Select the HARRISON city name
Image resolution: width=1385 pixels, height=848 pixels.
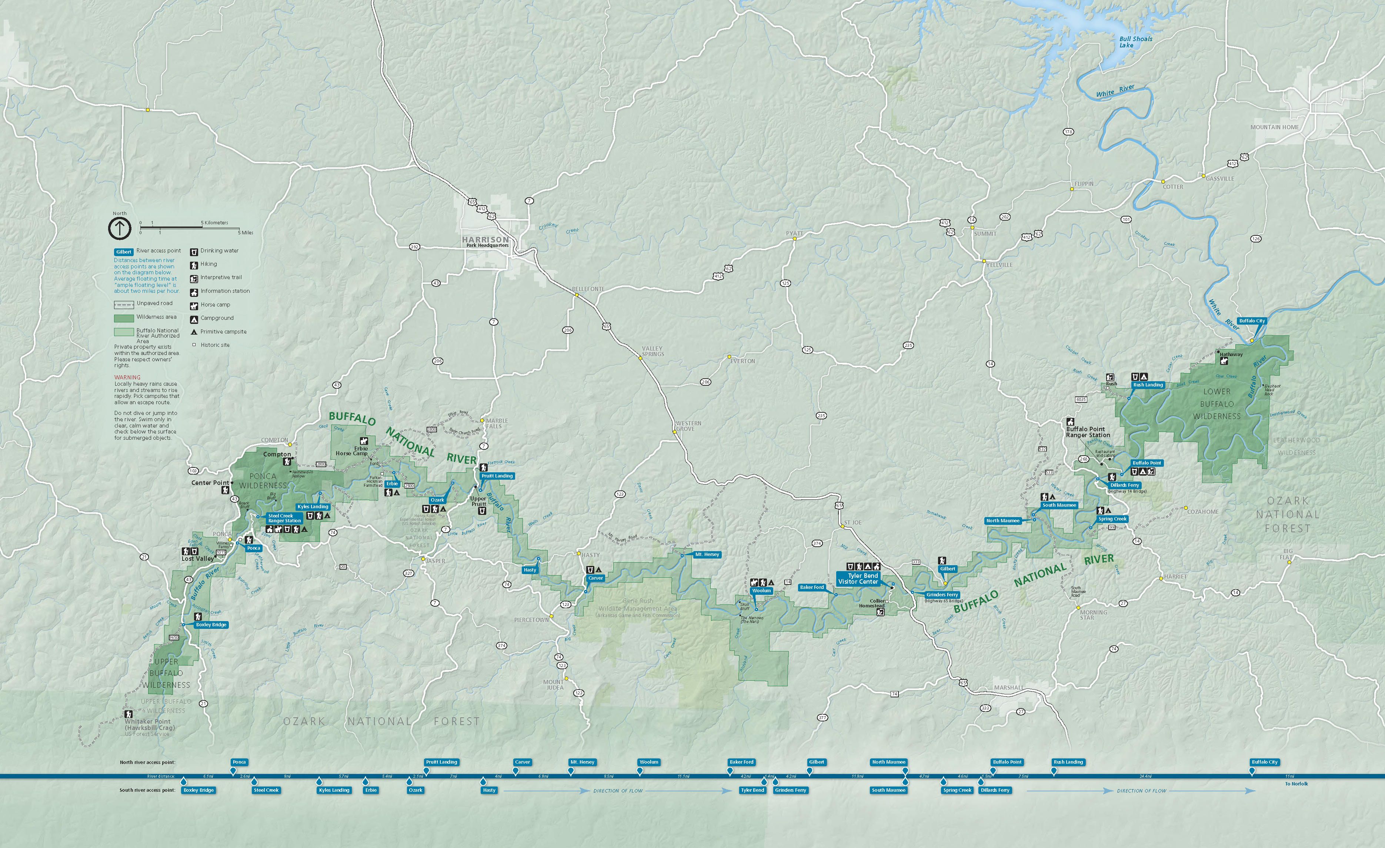[485, 239]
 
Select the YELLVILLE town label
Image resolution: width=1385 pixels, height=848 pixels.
[999, 265]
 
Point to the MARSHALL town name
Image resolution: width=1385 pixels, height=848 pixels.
[1008, 688]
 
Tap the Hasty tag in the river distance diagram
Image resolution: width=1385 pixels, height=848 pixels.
[489, 790]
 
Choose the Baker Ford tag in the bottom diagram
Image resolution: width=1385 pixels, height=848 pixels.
[741, 762]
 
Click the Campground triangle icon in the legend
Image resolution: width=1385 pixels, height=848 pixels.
[194, 319]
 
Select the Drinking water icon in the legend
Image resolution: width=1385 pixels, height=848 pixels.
[194, 251]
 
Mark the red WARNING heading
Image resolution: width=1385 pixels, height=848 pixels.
[127, 378]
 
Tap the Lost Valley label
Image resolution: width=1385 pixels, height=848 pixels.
[197, 559]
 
